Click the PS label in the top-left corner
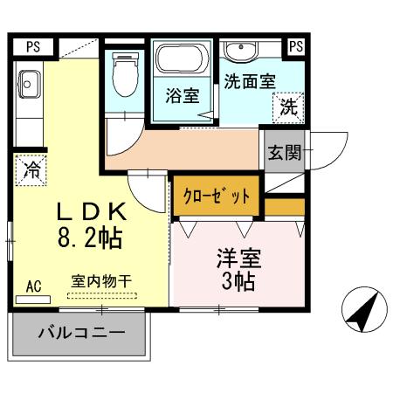(32, 46)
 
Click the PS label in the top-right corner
(296, 46)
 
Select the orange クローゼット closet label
(216, 196)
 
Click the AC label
(34, 286)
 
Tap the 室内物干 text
(101, 281)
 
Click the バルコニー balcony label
(80, 333)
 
